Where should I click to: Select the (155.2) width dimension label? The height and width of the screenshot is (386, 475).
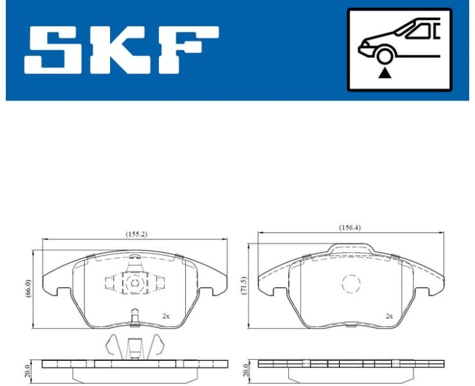coord(136,234)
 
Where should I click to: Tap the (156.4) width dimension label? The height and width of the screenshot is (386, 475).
coord(350,228)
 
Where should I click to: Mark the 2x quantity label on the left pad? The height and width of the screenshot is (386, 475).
coord(165,316)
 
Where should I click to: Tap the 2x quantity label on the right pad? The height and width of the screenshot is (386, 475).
coord(389,316)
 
